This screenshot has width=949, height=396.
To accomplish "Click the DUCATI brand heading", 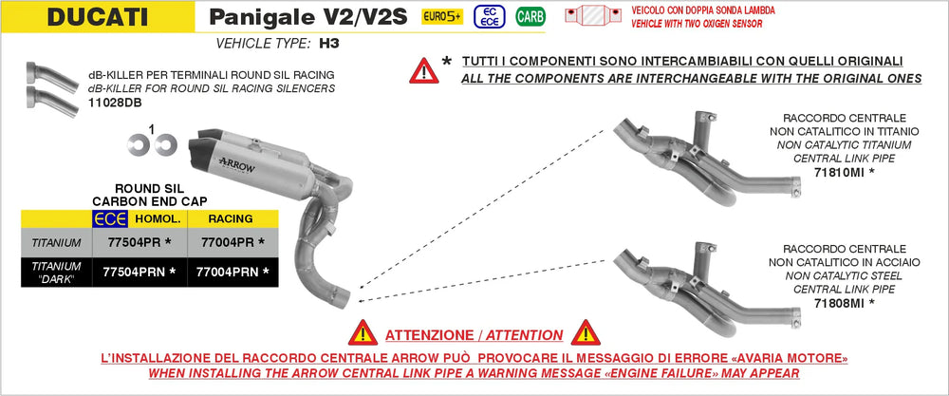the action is pyautogui.click(x=97, y=17).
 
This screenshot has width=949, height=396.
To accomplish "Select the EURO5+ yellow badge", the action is pyautogui.click(x=442, y=16).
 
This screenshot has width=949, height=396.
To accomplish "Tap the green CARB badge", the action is pyautogui.click(x=530, y=16).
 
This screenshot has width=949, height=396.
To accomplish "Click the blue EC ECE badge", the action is pyautogui.click(x=490, y=16).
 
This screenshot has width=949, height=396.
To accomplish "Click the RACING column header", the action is pyautogui.click(x=231, y=218).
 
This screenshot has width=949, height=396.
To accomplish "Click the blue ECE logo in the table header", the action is pyautogui.click(x=109, y=219).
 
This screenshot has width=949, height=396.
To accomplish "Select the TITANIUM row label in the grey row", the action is pyautogui.click(x=56, y=243).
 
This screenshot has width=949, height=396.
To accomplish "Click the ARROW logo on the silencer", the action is pyautogui.click(x=236, y=163).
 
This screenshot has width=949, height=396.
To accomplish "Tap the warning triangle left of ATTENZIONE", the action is pyautogui.click(x=363, y=333).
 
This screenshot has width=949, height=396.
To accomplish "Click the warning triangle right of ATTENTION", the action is pyautogui.click(x=586, y=333).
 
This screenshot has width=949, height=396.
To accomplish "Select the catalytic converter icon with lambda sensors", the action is pyautogui.click(x=593, y=15).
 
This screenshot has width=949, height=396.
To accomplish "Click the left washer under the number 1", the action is pyautogui.click(x=138, y=144).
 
